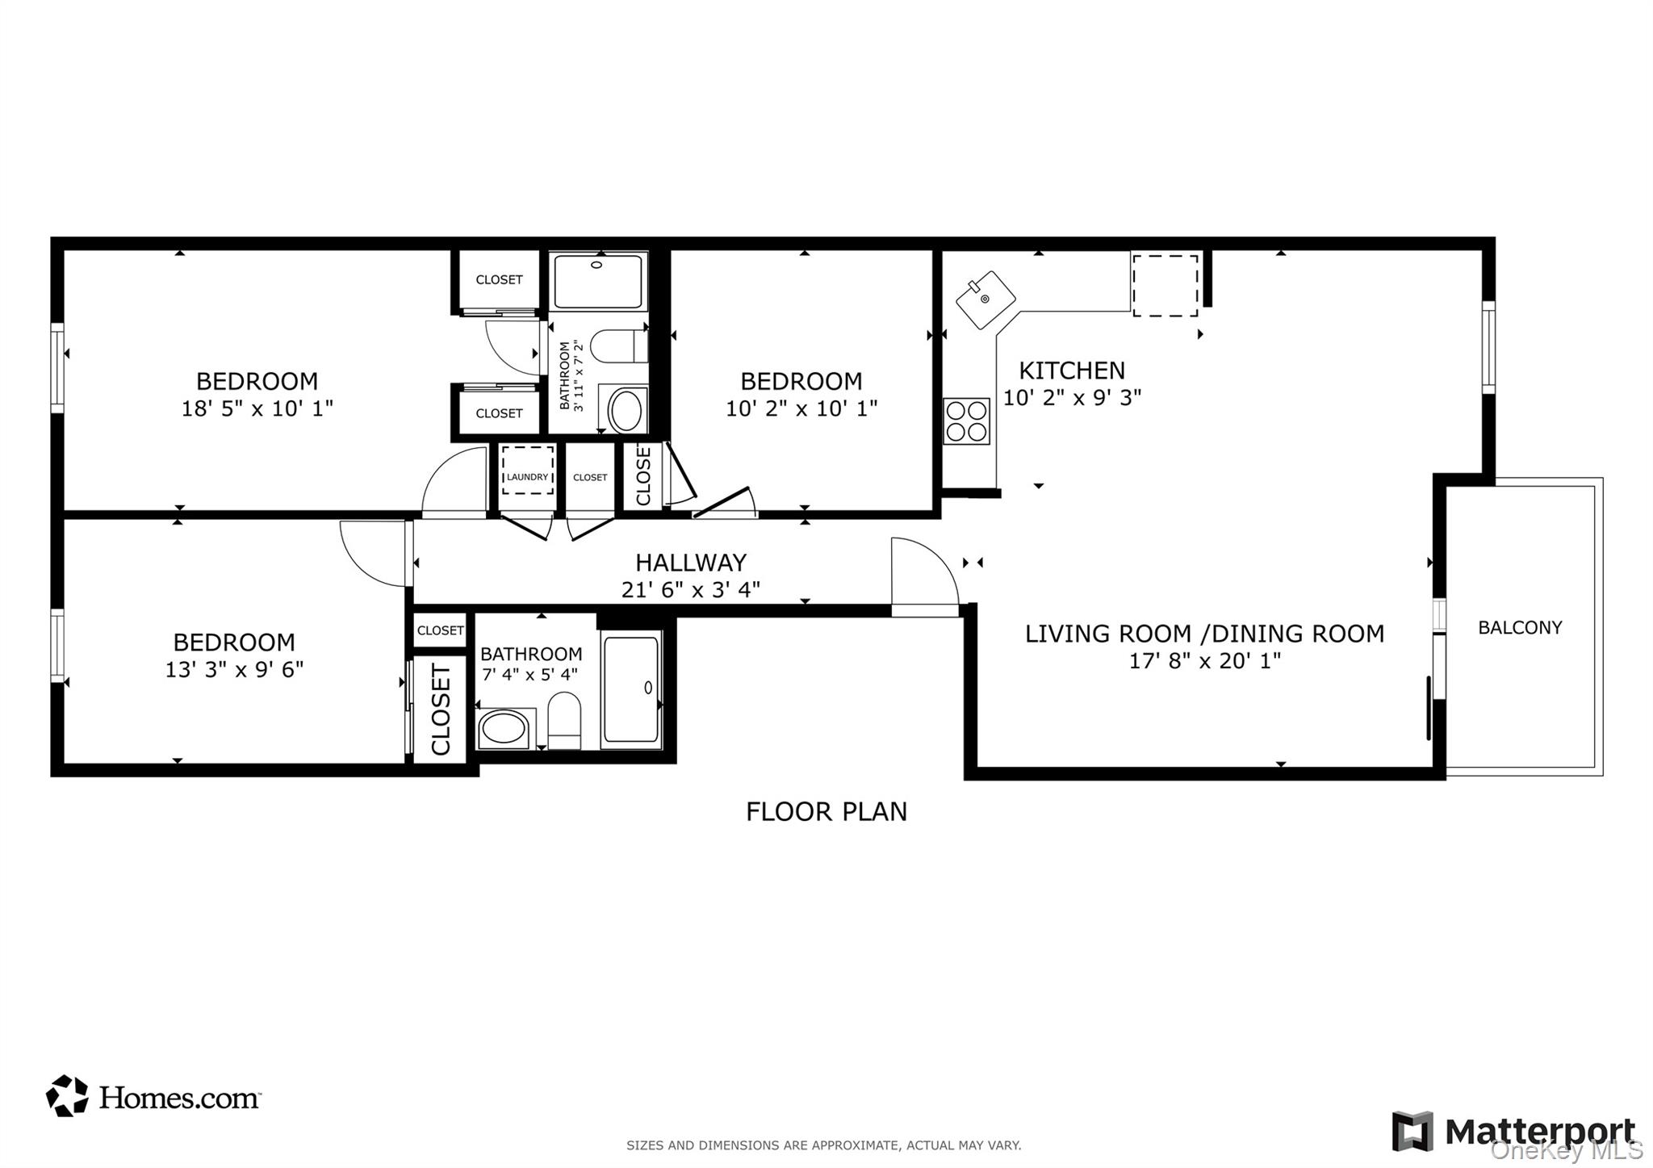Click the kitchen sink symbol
(986, 299)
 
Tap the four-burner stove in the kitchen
(966, 421)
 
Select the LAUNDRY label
(527, 477)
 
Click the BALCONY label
(1519, 627)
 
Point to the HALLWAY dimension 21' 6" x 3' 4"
(690, 590)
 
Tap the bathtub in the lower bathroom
(630, 689)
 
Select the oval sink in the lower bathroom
(504, 729)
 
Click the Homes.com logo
(153, 1097)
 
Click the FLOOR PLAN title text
(826, 811)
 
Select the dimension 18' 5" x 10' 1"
(257, 408)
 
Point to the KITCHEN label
(1071, 370)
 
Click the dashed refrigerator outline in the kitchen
(1165, 285)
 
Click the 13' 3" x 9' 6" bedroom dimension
(234, 669)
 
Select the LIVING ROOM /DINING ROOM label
(1203, 634)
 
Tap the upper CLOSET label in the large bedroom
(499, 279)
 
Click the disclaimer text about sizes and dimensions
(823, 1145)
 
